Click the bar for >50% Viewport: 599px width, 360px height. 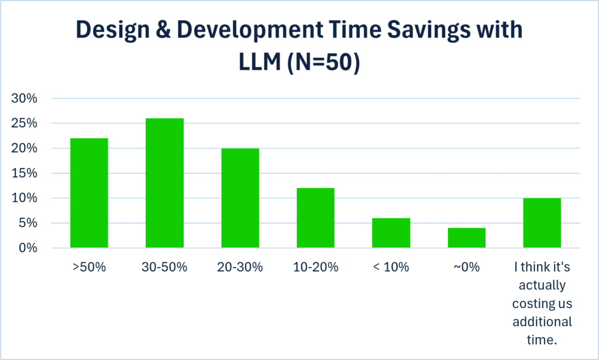coord(89,193)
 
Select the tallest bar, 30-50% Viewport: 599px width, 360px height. coord(164,183)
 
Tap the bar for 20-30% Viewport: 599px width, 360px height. coord(240,198)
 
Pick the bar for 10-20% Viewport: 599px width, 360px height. coord(315,218)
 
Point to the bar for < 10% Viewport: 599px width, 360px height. coord(391,233)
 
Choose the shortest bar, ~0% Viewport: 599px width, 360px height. coord(466,238)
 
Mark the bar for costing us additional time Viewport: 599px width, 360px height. coord(542,223)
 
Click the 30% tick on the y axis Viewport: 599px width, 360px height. coord(25,98)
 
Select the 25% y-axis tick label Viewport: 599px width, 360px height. coord(25,123)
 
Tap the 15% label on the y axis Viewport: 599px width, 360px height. coord(25,173)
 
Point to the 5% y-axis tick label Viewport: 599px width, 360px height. coord(28,223)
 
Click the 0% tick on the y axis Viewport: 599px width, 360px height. coord(28,248)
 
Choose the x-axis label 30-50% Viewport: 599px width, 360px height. coord(164,267)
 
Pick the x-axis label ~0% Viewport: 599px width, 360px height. coord(466,267)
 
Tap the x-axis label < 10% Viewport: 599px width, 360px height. coord(391,267)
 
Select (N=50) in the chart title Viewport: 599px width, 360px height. coord(323,62)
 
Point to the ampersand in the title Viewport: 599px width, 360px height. coord(163,29)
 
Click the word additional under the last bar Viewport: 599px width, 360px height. coord(542,321)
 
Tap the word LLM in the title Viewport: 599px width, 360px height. coord(260,62)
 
